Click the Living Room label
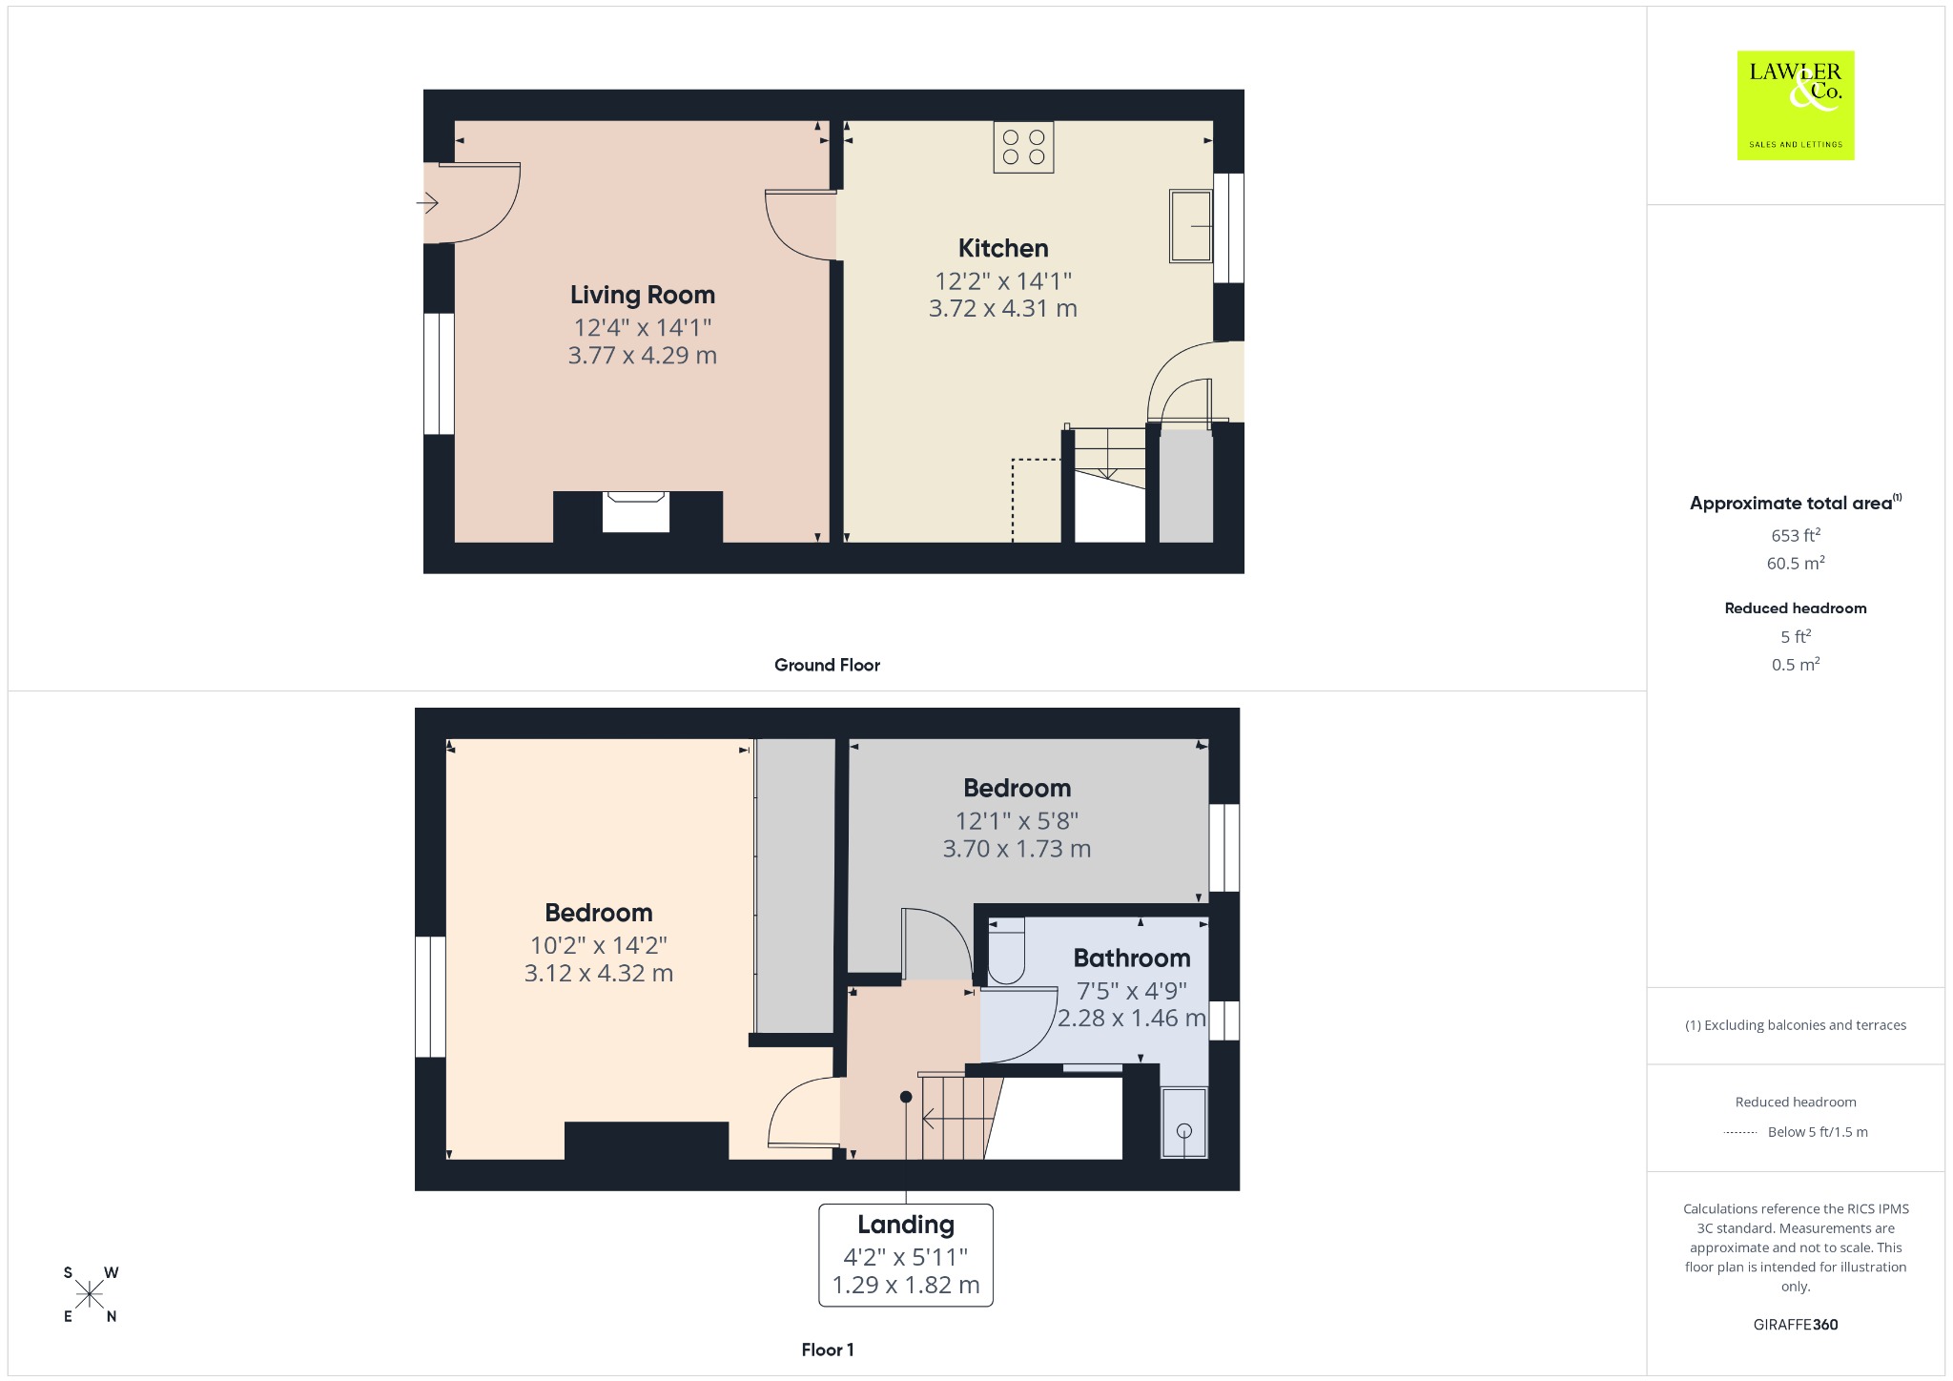click(x=642, y=295)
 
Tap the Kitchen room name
click(x=1003, y=248)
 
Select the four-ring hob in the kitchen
click(x=1023, y=147)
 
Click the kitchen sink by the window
click(x=1190, y=226)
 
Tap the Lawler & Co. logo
click(x=1795, y=105)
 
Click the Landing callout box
click(x=906, y=1254)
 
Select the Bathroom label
click(x=1132, y=958)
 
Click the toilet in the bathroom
click(x=1005, y=951)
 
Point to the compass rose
click(x=91, y=1294)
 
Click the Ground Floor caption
click(x=827, y=665)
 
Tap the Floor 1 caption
click(x=828, y=1350)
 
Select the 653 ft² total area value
click(x=1796, y=535)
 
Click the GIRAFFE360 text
click(x=1796, y=1324)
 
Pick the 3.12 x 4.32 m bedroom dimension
click(x=599, y=973)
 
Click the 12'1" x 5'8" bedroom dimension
click(x=1017, y=820)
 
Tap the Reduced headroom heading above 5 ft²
click(x=1796, y=608)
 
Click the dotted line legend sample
click(x=1740, y=1132)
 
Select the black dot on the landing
click(x=906, y=1097)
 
